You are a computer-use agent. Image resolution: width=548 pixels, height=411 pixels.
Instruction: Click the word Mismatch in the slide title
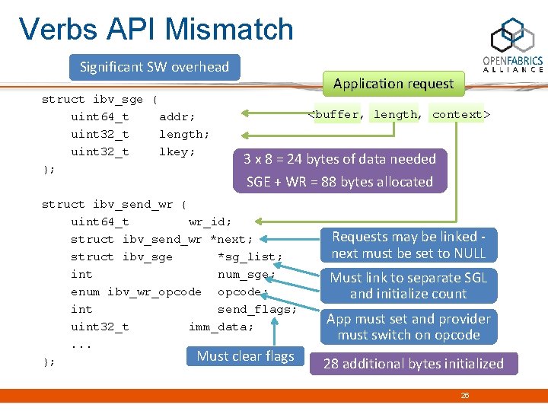pyautogui.click(x=229, y=30)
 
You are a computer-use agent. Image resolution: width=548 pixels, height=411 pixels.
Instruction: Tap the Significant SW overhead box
pyautogui.click(x=155, y=67)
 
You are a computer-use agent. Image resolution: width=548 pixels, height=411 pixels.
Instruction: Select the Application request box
pyautogui.click(x=393, y=84)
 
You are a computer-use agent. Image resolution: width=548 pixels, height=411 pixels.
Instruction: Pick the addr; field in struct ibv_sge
pyautogui.click(x=177, y=117)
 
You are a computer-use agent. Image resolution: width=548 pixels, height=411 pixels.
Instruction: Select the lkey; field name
pyautogui.click(x=177, y=152)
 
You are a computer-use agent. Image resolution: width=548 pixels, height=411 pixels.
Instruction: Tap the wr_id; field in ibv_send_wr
pyautogui.click(x=210, y=222)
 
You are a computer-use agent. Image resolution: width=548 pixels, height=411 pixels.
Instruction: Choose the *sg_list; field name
pyautogui.click(x=250, y=257)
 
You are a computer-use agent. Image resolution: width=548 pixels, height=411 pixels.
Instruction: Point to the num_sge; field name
pyautogui.click(x=247, y=275)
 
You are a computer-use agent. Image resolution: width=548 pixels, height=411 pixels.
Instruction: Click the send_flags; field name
pyautogui.click(x=257, y=310)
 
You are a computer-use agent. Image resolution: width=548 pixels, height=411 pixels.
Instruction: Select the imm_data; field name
pyautogui.click(x=221, y=327)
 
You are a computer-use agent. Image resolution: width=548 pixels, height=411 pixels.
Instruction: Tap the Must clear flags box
pyautogui.click(x=245, y=356)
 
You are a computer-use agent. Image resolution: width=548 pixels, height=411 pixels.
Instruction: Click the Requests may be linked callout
pyautogui.click(x=409, y=245)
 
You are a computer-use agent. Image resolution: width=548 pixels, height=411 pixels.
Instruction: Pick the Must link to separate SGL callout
pyautogui.click(x=409, y=285)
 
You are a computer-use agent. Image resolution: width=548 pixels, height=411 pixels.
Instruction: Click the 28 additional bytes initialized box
pyautogui.click(x=413, y=364)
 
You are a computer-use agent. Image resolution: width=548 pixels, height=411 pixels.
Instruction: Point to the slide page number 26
pyautogui.click(x=465, y=395)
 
